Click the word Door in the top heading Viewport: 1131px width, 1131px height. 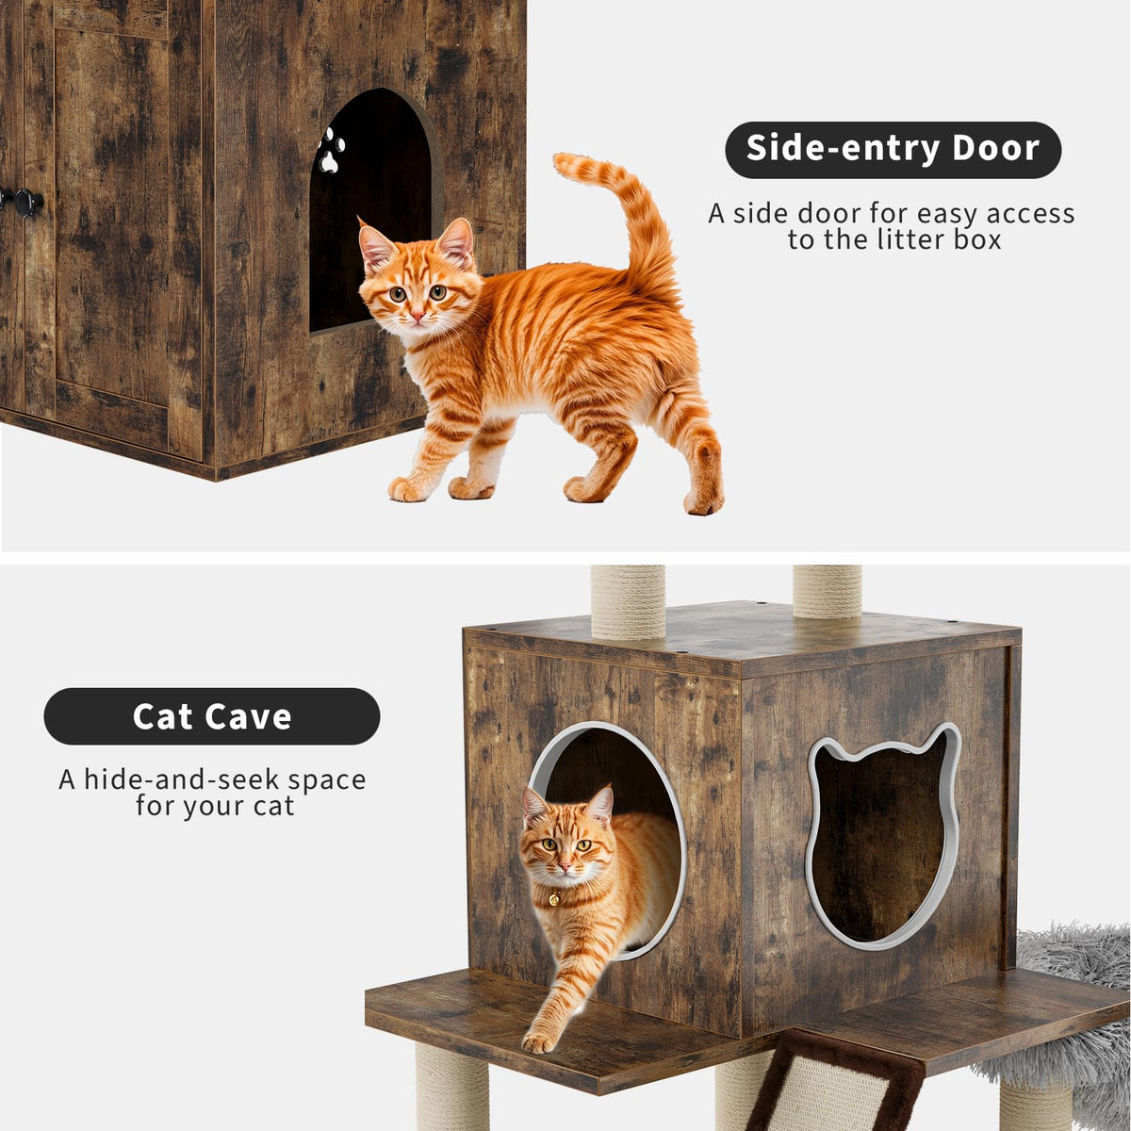tap(995, 149)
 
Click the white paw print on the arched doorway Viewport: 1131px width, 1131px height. tap(331, 150)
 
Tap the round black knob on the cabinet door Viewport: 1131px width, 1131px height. tap(29, 203)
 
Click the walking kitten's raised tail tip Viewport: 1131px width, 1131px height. tap(565, 163)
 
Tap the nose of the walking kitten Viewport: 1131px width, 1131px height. tap(417, 317)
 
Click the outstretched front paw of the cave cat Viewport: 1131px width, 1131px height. tap(537, 1041)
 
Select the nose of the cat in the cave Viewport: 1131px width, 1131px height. tap(564, 866)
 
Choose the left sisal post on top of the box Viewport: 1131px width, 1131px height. tap(628, 602)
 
